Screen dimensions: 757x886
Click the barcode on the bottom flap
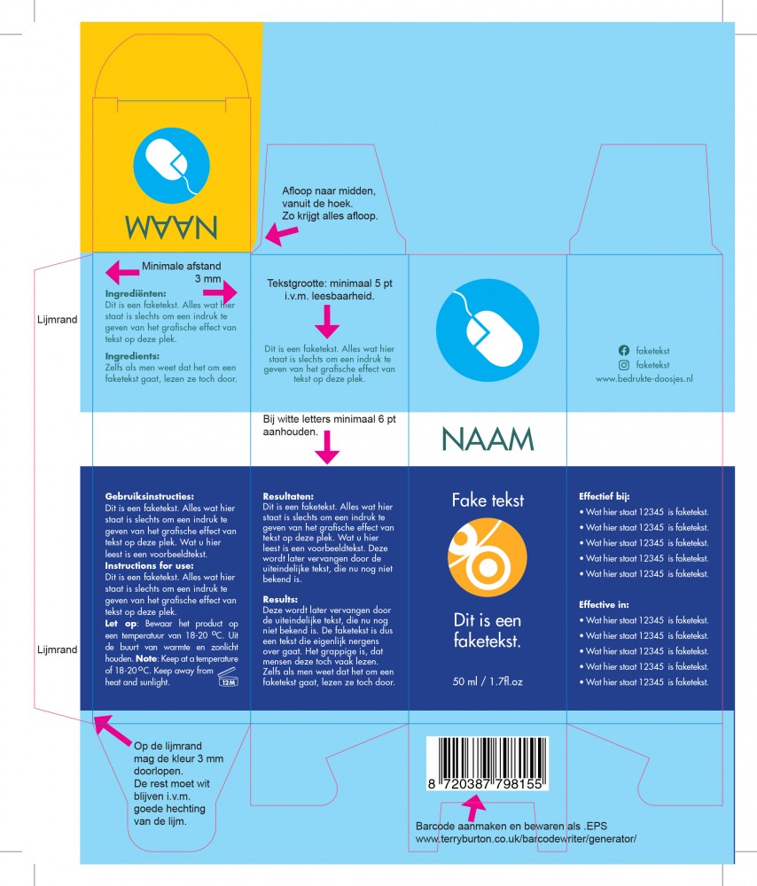click(488, 763)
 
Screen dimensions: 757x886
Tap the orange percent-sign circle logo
click(488, 557)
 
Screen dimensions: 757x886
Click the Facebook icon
click(623, 350)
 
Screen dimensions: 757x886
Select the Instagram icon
click(623, 365)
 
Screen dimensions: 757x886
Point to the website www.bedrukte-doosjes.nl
click(644, 379)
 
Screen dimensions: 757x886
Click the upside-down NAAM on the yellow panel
click(171, 227)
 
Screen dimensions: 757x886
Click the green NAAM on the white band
click(488, 439)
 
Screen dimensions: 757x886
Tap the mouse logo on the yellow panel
click(171, 166)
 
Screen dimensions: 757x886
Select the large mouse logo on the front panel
click(488, 330)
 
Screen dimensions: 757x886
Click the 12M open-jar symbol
click(228, 677)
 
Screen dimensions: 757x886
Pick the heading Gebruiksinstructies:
click(149, 497)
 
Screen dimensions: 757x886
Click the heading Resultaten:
click(288, 497)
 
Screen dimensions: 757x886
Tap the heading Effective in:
click(604, 604)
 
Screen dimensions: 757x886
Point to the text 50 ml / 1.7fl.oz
click(488, 681)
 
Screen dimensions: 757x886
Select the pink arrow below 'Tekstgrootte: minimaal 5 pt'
click(327, 322)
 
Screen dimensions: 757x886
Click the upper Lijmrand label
click(57, 320)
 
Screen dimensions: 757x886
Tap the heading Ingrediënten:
click(136, 294)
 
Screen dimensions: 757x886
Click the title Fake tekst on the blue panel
click(488, 500)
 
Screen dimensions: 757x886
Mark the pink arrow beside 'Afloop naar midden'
click(282, 234)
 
